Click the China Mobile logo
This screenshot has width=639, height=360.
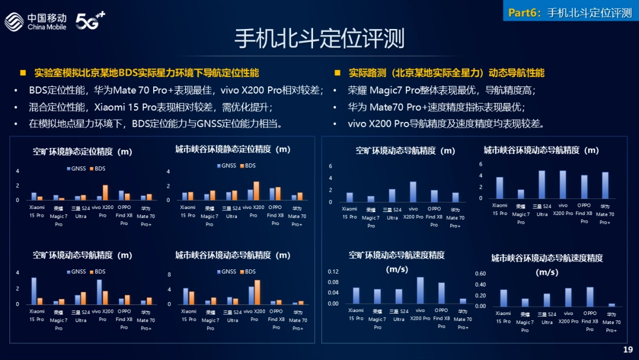[35, 22]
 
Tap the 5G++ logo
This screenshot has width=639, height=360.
[90, 21]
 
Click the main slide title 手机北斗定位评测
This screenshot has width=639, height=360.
[319, 39]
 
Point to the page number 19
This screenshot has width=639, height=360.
[628, 350]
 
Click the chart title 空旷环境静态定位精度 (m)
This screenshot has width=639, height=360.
[82, 152]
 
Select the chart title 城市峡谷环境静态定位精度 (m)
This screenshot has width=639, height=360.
[233, 149]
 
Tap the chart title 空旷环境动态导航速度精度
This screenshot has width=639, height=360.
[396, 255]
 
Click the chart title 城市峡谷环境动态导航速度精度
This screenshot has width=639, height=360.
[547, 258]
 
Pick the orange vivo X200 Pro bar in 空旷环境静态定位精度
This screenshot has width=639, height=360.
[105, 193]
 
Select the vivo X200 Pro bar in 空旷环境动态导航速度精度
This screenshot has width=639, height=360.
[420, 290]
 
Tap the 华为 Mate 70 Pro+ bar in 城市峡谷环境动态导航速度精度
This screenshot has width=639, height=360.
[611, 305]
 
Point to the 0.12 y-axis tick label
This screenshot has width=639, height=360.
[333, 271]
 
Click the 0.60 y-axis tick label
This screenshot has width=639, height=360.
[480, 274]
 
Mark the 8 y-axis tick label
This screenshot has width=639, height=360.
[169, 275]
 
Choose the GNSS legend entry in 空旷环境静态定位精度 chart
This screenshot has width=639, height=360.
[77, 169]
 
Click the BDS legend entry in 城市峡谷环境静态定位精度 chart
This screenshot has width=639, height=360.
[248, 165]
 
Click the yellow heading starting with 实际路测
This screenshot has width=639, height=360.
[446, 73]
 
